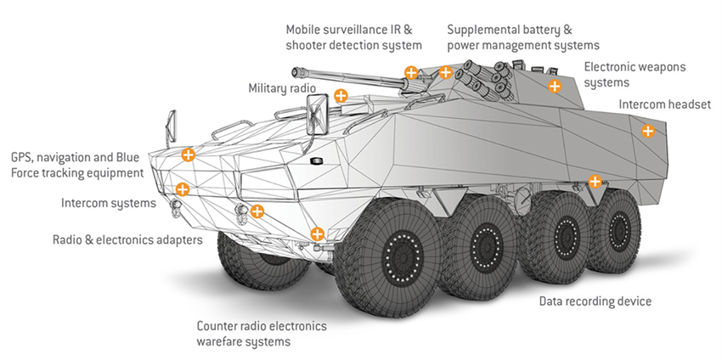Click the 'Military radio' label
(x=281, y=88)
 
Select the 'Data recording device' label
(x=595, y=301)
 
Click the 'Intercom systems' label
(x=109, y=203)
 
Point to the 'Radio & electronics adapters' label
(x=127, y=240)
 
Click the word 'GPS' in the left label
(x=23, y=157)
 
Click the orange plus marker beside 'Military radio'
(x=341, y=95)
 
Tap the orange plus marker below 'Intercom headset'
(x=647, y=131)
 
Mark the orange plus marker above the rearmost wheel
(x=595, y=181)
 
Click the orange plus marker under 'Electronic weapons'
(x=555, y=85)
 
